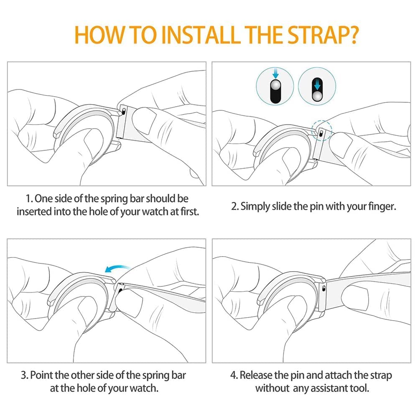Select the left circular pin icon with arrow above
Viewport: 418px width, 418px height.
coord(275,86)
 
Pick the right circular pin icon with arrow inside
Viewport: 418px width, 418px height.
coord(317,86)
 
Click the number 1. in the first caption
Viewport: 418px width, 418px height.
coord(29,199)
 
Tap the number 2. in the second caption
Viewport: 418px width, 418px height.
coord(235,206)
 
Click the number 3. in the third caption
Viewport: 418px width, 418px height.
coord(25,375)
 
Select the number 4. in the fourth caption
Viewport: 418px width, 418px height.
coord(234,375)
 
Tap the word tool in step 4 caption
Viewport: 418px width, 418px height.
coord(359,388)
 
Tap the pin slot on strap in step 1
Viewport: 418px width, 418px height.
coord(123,111)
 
